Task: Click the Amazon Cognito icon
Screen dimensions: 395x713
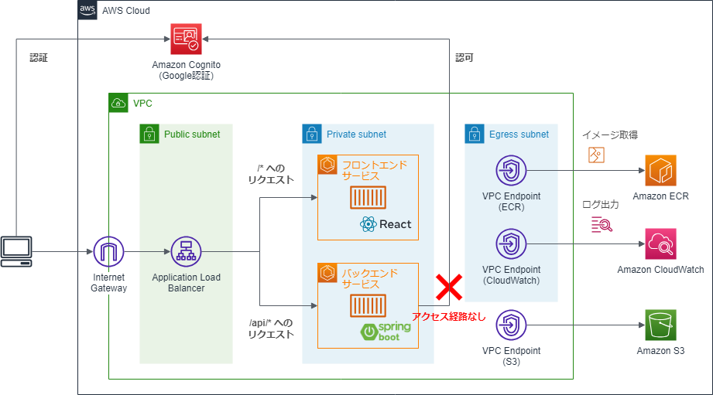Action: click(186, 37)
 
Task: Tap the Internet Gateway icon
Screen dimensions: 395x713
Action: click(108, 252)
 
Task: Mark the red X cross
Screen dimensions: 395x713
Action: click(449, 288)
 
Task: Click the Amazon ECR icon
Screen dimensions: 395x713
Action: click(660, 170)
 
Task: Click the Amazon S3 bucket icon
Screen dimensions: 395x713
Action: click(660, 325)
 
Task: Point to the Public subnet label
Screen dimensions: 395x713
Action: click(192, 135)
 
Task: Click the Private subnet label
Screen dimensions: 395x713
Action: click(356, 135)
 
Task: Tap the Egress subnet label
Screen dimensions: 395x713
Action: click(519, 135)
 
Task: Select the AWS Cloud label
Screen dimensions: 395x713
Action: click(126, 11)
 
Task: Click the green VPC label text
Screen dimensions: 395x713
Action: click(142, 103)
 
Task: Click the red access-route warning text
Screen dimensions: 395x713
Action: click(449, 316)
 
